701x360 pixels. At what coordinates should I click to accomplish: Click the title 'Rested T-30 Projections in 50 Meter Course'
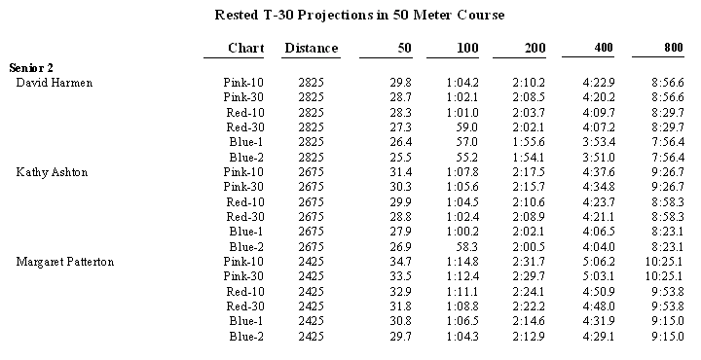pyautogui.click(x=359, y=16)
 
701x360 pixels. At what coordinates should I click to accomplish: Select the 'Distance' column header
pyautogui.click(x=311, y=48)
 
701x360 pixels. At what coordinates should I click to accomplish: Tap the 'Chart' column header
pyautogui.click(x=246, y=48)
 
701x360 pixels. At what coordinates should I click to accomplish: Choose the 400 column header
pyautogui.click(x=600, y=48)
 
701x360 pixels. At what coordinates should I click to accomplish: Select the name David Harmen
pyautogui.click(x=55, y=83)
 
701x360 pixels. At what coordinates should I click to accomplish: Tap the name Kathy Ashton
pyautogui.click(x=54, y=172)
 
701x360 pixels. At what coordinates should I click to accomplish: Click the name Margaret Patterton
pyautogui.click(x=67, y=262)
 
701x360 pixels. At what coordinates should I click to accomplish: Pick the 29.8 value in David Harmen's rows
pyautogui.click(x=400, y=83)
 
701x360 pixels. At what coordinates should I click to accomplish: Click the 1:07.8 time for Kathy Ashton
pyautogui.click(x=464, y=172)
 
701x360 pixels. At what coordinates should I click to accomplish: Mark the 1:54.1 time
pyautogui.click(x=531, y=158)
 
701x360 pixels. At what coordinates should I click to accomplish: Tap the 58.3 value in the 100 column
pyautogui.click(x=468, y=247)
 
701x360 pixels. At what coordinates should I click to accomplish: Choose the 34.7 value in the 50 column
pyautogui.click(x=400, y=262)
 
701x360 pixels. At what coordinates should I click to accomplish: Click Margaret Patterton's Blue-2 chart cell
pyautogui.click(x=246, y=337)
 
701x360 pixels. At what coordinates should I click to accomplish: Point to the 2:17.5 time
pyautogui.click(x=531, y=172)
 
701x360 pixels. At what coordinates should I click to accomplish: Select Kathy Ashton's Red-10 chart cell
pyautogui.click(x=245, y=202)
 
